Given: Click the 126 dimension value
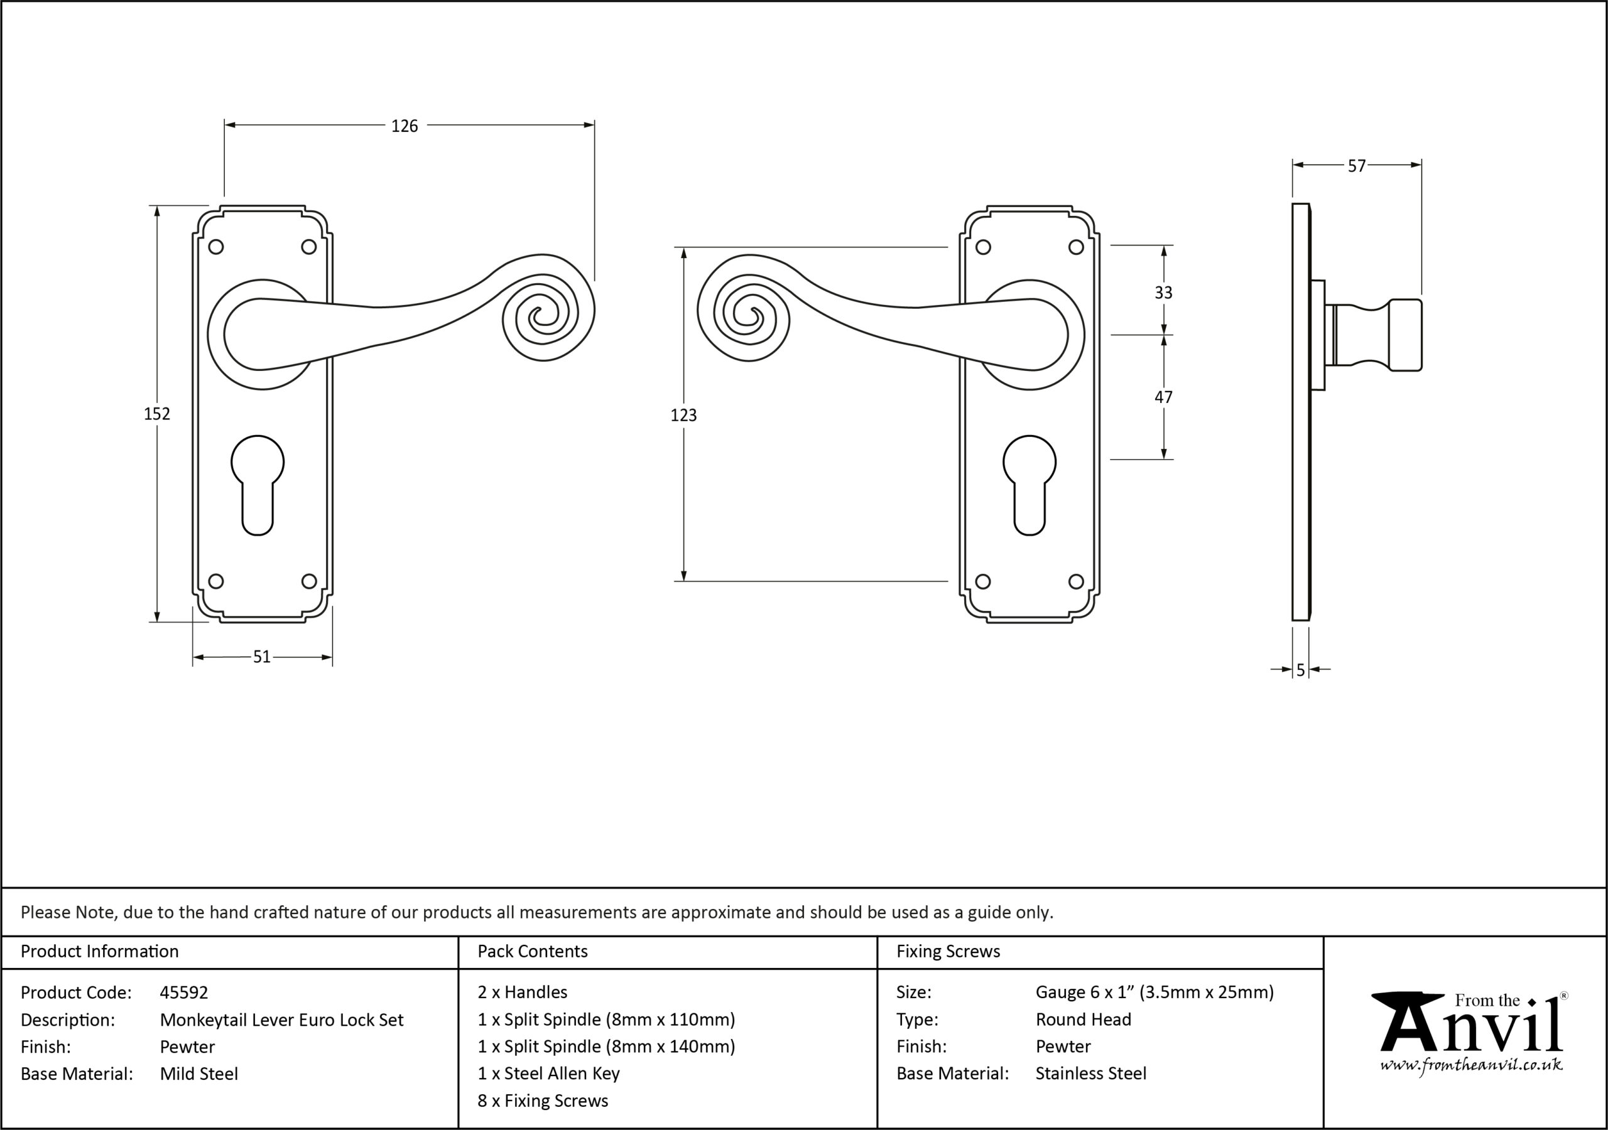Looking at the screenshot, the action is click(x=404, y=126).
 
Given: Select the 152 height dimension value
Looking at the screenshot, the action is click(x=157, y=414).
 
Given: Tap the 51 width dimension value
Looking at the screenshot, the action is click(x=261, y=657).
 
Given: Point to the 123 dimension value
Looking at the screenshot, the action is click(x=683, y=415).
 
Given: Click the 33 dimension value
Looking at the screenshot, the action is click(x=1163, y=293).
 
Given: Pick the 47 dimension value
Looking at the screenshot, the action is click(x=1163, y=397).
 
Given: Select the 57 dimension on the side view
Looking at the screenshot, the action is click(x=1357, y=166).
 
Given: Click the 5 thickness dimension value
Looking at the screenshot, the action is click(x=1301, y=670).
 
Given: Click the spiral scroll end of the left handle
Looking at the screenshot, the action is click(x=548, y=316).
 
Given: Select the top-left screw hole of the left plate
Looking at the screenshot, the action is click(x=217, y=247).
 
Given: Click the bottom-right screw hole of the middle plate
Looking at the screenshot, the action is click(x=1077, y=581).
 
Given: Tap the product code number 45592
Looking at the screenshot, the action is click(x=183, y=993).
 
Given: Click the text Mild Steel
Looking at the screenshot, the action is click(x=199, y=1074).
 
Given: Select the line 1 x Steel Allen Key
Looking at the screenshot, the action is click(x=548, y=1073).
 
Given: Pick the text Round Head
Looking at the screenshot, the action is click(x=1084, y=1020).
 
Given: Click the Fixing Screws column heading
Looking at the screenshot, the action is click(x=948, y=952).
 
